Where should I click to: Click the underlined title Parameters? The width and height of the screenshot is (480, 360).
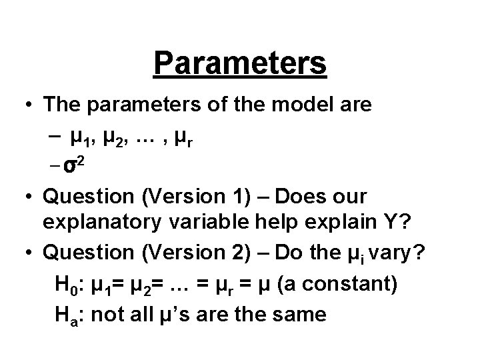click(x=240, y=64)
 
